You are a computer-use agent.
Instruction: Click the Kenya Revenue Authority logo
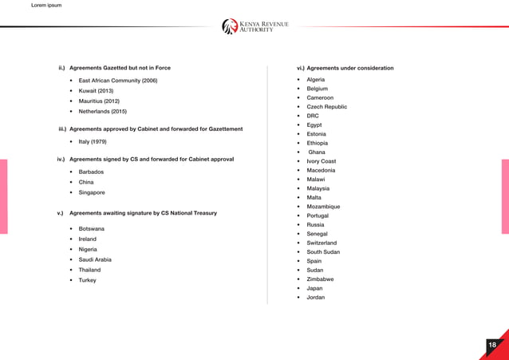tap(255, 26)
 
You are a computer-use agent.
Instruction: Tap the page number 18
tap(492, 345)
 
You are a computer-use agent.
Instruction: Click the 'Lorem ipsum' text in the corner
tap(45, 6)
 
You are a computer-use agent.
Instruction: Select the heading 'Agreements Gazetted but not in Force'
tap(120, 68)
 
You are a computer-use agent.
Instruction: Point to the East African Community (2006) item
tap(118, 81)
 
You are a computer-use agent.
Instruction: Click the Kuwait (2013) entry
tap(96, 91)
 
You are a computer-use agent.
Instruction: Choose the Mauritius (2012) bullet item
tap(99, 101)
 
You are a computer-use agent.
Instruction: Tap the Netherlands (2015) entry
tap(102, 112)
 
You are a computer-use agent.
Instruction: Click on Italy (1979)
tap(93, 141)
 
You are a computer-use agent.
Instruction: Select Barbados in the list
tap(91, 172)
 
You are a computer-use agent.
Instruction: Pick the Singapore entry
tap(92, 192)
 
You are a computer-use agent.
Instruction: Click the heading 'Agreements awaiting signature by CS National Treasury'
tap(143, 213)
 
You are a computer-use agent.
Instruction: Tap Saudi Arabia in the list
tap(95, 259)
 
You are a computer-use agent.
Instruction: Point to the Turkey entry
tap(87, 280)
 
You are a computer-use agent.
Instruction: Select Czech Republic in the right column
tap(326, 107)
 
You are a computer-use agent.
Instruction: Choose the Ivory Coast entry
tap(321, 161)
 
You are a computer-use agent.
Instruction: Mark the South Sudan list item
tap(323, 252)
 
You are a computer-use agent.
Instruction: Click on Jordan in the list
tap(315, 297)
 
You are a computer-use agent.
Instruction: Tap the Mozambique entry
tap(323, 207)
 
